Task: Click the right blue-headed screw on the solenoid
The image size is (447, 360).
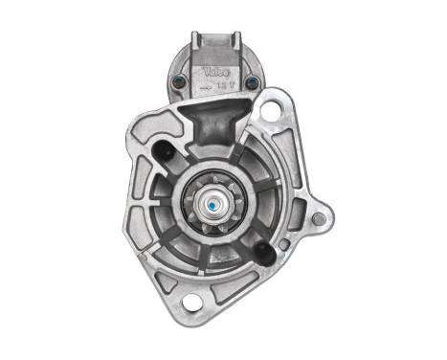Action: (252, 83)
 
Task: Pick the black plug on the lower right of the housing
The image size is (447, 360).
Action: (261, 252)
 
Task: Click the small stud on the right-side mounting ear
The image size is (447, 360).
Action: (318, 219)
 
